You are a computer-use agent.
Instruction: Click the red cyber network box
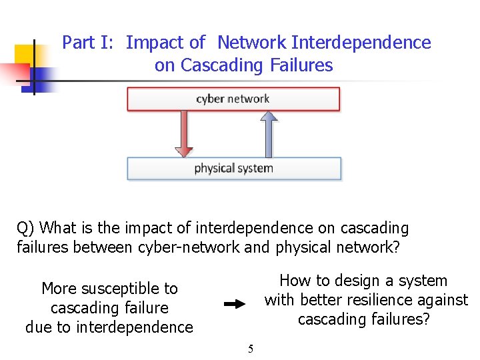[233, 99]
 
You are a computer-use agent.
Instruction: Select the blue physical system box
[233, 169]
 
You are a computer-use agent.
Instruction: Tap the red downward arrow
[184, 133]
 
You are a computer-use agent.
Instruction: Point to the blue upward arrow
[267, 133]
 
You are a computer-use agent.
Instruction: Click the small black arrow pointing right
[235, 304]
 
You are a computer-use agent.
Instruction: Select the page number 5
[251, 348]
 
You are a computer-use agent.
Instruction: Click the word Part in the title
[79, 43]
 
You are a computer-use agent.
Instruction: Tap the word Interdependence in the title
[361, 43]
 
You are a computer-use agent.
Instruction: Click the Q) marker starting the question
[26, 228]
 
